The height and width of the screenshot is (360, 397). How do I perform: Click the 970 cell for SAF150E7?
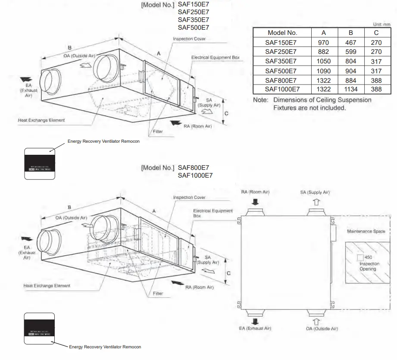tap(324, 42)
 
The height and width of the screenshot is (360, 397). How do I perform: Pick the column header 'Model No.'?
tap(282, 33)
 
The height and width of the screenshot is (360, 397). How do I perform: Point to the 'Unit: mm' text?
tap(381, 25)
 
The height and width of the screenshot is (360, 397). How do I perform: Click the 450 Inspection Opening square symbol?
tap(360, 257)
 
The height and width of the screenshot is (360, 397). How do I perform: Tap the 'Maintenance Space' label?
tap(366, 232)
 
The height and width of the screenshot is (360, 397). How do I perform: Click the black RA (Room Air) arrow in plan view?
tap(255, 201)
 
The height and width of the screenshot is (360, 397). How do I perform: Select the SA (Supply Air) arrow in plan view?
tap(316, 201)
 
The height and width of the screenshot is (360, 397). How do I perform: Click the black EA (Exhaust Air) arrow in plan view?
tap(255, 321)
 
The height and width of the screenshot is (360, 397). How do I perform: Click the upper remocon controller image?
tap(39, 163)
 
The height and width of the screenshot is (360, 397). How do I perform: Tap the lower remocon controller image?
tap(39, 328)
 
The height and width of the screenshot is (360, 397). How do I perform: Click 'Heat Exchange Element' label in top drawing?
tap(41, 120)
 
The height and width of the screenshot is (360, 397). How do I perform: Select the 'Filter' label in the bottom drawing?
tap(158, 294)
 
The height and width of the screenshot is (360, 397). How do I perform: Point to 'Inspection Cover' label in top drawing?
tap(189, 39)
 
